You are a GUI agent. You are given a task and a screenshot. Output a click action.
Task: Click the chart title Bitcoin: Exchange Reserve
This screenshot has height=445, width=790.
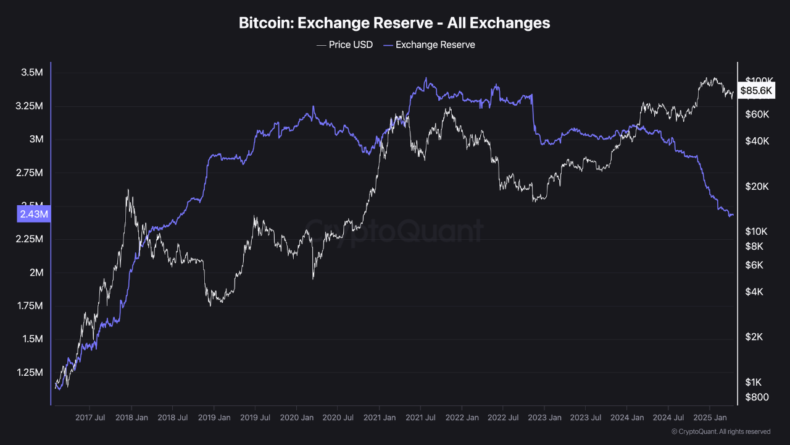pyautogui.click(x=394, y=23)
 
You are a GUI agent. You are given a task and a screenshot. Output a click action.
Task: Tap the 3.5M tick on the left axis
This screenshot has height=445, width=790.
pyautogui.click(x=31, y=73)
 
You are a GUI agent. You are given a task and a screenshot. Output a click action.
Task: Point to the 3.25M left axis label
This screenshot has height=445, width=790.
pyautogui.click(x=28, y=106)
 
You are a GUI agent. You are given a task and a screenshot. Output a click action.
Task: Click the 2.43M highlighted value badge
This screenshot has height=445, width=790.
pyautogui.click(x=33, y=214)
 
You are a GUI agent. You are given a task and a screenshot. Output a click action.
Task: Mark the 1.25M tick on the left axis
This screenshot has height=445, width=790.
pyautogui.click(x=28, y=373)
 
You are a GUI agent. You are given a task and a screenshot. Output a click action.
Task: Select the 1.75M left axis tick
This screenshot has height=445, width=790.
pyautogui.click(x=28, y=306)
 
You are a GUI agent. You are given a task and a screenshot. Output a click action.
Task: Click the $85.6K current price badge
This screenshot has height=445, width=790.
pyautogui.click(x=756, y=91)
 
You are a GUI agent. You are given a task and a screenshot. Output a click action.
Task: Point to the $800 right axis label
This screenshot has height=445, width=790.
pyautogui.click(x=757, y=397)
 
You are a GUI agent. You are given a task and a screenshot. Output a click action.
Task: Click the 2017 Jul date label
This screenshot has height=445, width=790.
pyautogui.click(x=90, y=418)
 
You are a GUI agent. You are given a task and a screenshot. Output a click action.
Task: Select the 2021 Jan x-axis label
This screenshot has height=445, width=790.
pyautogui.click(x=379, y=418)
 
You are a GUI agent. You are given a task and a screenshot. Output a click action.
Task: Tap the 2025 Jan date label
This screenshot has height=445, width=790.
pyautogui.click(x=710, y=418)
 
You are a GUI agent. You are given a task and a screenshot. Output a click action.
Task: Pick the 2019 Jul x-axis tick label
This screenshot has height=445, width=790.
pyautogui.click(x=255, y=418)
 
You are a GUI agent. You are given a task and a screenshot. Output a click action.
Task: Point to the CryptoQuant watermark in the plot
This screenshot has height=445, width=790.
pyautogui.click(x=395, y=231)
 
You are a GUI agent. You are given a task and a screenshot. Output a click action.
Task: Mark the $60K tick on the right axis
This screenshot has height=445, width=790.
pyautogui.click(x=757, y=114)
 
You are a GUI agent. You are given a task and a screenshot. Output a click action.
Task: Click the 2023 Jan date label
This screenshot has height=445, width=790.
pyautogui.click(x=544, y=418)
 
